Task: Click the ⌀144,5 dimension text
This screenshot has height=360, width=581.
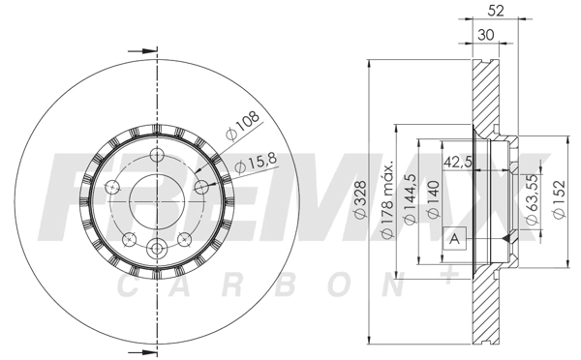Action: coord(412,200)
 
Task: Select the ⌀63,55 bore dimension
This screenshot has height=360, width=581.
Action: coord(532,200)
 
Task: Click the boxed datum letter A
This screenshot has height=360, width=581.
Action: coord(453,238)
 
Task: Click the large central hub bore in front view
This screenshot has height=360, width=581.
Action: coord(153,199)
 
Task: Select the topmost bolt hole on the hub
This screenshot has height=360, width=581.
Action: coord(154,158)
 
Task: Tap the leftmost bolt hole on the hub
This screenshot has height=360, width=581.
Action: coord(111,187)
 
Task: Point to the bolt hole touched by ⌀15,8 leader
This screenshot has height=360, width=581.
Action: coord(201,187)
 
